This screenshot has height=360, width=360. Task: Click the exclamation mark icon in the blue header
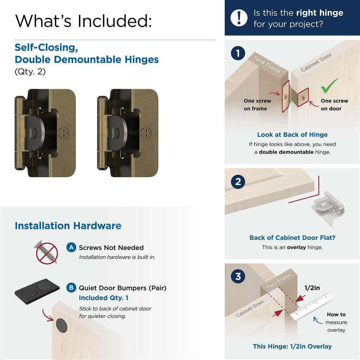pos(239,17)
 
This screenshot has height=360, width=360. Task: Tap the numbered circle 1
pos(238,54)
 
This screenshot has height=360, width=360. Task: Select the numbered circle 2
pos(238,182)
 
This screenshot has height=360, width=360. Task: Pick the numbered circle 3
pos(238,276)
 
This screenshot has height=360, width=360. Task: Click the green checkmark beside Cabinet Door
pos(329,85)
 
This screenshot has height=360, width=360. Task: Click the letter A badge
pos(71,247)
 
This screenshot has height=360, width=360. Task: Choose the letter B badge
pos(71,288)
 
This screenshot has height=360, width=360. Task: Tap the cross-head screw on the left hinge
pos(64,133)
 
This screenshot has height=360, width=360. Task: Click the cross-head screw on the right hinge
pos(146,133)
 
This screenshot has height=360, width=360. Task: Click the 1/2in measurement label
pos(312,288)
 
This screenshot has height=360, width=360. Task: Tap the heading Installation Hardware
pos(68,226)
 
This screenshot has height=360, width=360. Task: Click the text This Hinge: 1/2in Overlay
pos(292,346)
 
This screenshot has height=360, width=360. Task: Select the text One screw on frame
pos(257,104)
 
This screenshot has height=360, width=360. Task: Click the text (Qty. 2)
pos(30,72)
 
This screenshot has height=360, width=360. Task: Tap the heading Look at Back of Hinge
pos(292,135)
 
